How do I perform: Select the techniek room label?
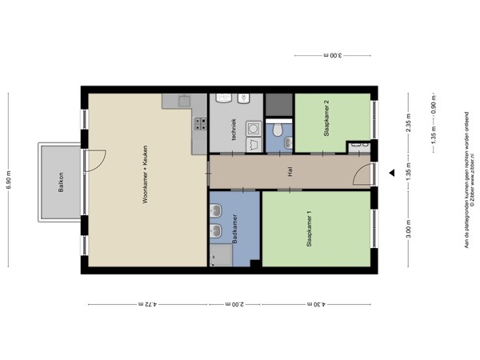tap(234, 130)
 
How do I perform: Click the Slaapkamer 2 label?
tap(326, 119)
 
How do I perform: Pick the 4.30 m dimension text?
tap(316, 304)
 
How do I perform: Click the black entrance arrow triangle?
tap(391, 173)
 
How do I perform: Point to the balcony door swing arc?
tap(96, 159)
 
